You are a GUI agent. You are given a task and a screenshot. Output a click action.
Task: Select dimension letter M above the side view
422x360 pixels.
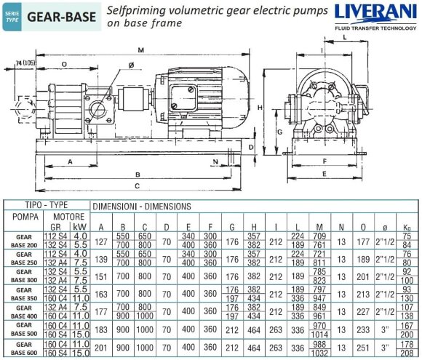[x=140, y=49]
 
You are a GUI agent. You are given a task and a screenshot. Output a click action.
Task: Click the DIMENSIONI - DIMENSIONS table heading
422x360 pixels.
[x=140, y=207]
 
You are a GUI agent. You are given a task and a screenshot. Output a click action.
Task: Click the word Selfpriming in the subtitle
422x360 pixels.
[x=139, y=10]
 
